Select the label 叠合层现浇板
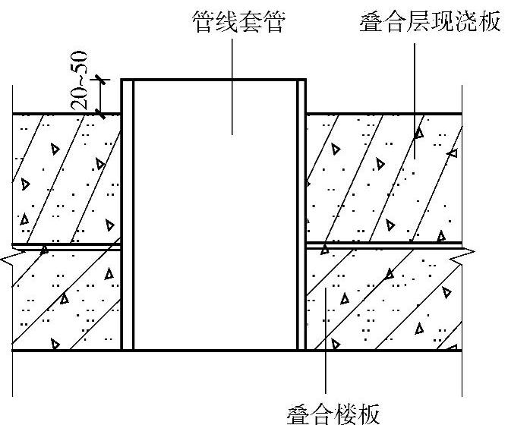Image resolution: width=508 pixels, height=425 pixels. (x=431, y=22)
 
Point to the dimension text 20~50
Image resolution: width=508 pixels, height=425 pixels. (x=80, y=80)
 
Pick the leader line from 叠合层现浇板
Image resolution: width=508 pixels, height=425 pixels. (x=415, y=83)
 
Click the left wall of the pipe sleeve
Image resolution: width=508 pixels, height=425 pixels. (x=128, y=212)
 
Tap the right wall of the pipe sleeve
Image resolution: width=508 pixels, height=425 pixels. (x=301, y=212)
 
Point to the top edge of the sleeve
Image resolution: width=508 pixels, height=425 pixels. (x=214, y=78)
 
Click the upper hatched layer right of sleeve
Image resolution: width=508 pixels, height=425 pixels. (x=383, y=178)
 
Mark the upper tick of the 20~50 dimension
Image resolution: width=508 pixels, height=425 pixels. (x=103, y=79)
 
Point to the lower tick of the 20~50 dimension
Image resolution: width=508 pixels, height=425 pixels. (x=103, y=114)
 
